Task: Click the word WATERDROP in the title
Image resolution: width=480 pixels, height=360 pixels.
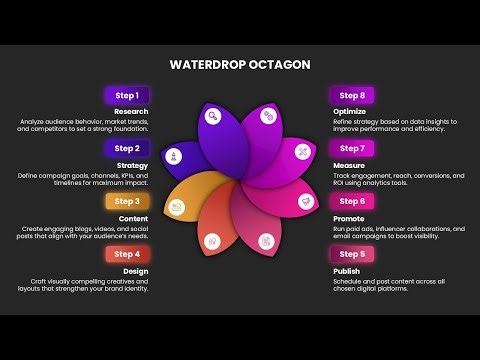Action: point(205,65)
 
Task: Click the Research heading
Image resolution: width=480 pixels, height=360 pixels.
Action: point(131,111)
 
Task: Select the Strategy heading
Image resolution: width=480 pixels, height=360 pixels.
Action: point(133,164)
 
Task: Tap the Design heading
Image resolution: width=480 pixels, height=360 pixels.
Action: point(136,270)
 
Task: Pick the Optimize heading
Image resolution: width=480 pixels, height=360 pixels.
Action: point(348,111)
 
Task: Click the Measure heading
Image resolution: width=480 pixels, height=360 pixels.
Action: point(347,164)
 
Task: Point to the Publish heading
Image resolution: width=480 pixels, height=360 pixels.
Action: point(345,270)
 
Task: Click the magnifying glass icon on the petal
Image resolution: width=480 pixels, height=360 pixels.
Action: point(269,116)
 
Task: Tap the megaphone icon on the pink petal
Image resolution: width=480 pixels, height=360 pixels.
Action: point(306,200)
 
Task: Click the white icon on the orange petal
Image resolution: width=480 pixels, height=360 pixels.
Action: point(175,207)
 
